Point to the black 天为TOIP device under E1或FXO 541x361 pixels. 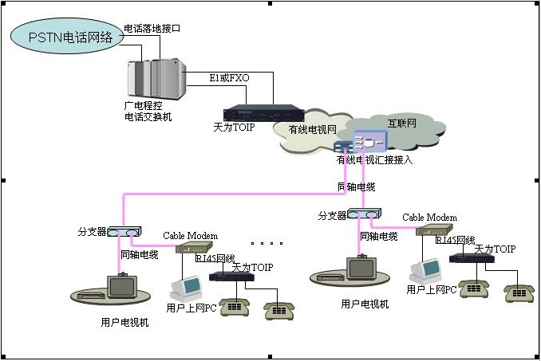263,113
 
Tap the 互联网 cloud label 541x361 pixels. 401,123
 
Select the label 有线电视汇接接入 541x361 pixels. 374,160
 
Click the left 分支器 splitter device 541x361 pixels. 124,230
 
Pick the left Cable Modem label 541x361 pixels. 190,236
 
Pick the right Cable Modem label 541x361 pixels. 429,217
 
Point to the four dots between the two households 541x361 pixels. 267,242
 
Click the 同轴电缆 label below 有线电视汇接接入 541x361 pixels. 356,186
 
